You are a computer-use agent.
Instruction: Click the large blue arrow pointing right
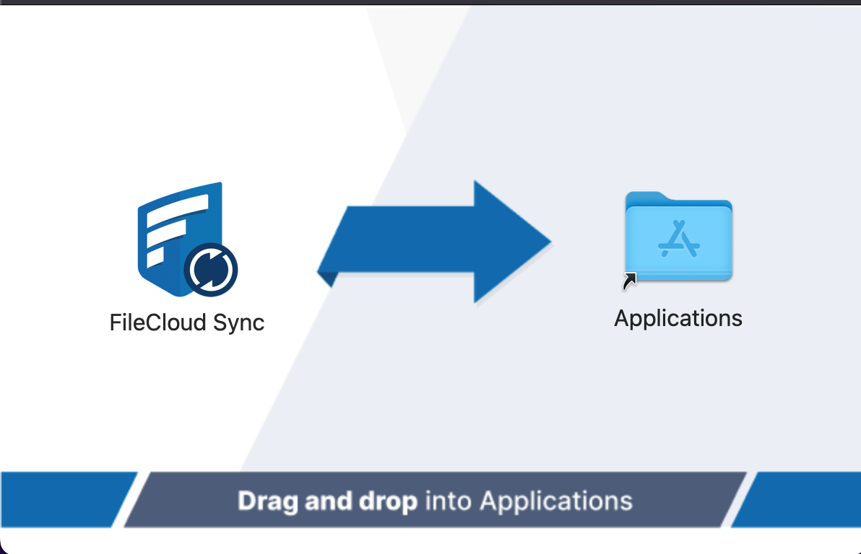tap(433, 242)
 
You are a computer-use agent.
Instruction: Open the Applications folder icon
tap(679, 237)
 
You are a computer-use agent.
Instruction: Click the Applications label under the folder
tap(678, 318)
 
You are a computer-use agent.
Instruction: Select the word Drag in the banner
tap(269, 501)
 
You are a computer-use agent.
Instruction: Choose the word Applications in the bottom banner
tap(556, 501)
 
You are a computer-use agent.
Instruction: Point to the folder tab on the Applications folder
tap(645, 197)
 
